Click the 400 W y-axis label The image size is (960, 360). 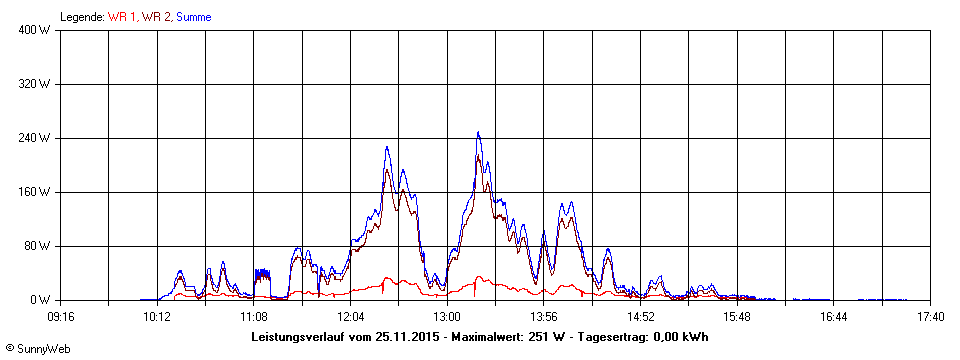tap(35, 30)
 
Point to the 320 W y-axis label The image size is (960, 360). tap(35, 84)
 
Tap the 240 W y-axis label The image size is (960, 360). tap(35, 138)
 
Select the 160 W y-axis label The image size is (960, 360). tap(35, 192)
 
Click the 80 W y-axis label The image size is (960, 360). tap(37, 246)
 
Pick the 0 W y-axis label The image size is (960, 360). tap(40, 300)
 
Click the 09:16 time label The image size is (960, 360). tap(60, 317)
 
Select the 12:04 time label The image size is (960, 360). tap(350, 317)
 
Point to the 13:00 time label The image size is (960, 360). tap(447, 317)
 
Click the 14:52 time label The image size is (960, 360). tap(641, 317)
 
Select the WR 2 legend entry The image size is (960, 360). tap(156, 16)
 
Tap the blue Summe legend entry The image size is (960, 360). tap(194, 16)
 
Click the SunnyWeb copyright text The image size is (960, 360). tap(37, 349)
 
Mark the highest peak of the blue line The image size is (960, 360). tap(478, 132)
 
